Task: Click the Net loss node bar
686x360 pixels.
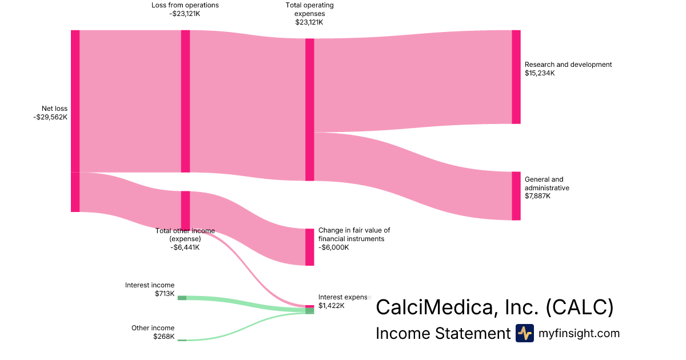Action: (75, 121)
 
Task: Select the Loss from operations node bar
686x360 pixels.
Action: (185, 101)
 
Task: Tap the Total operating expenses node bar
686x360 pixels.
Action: (310, 109)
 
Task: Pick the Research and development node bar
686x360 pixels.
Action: (516, 77)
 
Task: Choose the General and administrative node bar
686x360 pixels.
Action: (516, 195)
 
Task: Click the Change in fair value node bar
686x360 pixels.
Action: (310, 247)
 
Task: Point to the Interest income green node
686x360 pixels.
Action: (182, 298)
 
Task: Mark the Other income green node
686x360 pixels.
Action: (182, 340)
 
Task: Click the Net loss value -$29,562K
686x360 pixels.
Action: (50, 117)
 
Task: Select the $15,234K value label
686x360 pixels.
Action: (540, 73)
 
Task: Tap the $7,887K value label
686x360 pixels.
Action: (538, 196)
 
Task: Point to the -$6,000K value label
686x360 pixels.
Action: (334, 247)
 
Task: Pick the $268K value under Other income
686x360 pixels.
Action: (164, 337)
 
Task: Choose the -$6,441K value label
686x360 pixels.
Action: (185, 247)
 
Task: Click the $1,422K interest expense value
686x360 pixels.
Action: (332, 306)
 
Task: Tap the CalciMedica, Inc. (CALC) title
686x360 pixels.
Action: (494, 307)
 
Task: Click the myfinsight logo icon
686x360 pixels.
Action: (524, 333)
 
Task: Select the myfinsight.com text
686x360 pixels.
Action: (579, 333)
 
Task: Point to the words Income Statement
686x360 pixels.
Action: (442, 334)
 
